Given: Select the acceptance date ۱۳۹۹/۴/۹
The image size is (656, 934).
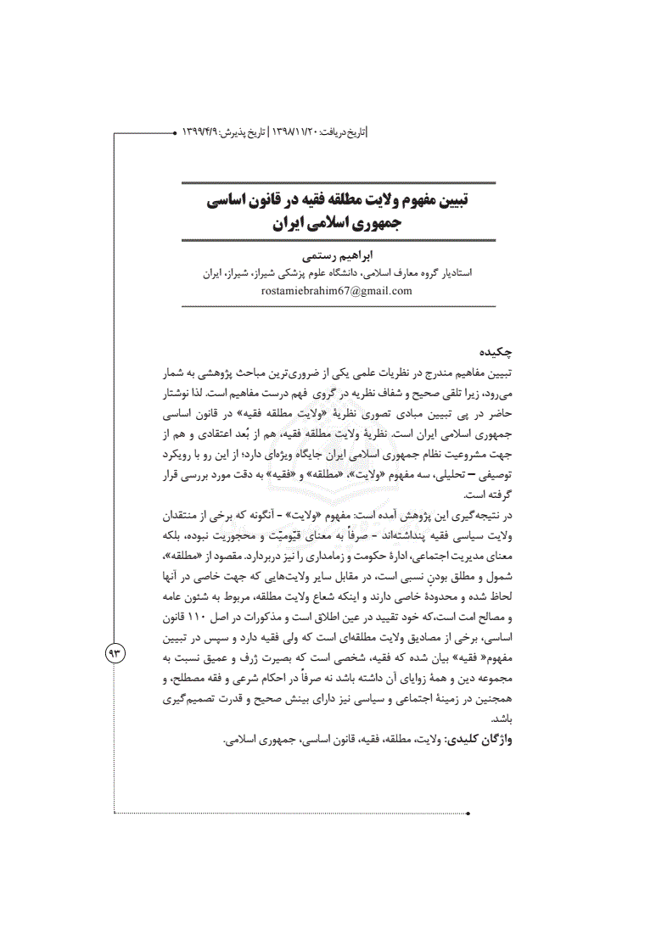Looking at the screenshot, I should click(200, 133).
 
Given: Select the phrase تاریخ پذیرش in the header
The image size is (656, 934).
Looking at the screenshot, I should click(242, 133).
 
